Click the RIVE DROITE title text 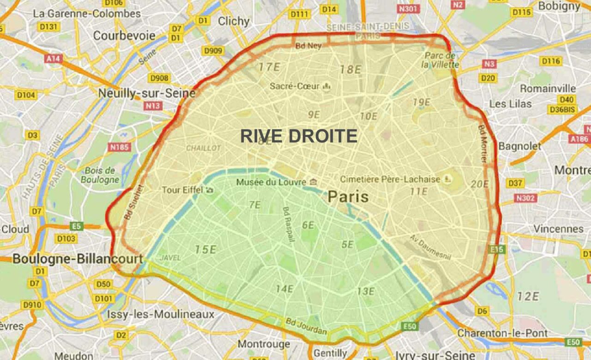point(299,136)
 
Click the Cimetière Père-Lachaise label point(390,179)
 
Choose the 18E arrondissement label point(350,70)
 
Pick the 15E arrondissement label point(205,250)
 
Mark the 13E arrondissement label point(365,291)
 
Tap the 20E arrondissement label point(480,184)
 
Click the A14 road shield point(54,59)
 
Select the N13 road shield point(153,106)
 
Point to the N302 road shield point(525,198)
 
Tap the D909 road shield point(212,50)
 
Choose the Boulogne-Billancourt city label point(78,259)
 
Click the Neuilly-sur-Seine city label point(147,93)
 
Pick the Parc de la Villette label point(440,60)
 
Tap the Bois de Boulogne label point(100,175)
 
